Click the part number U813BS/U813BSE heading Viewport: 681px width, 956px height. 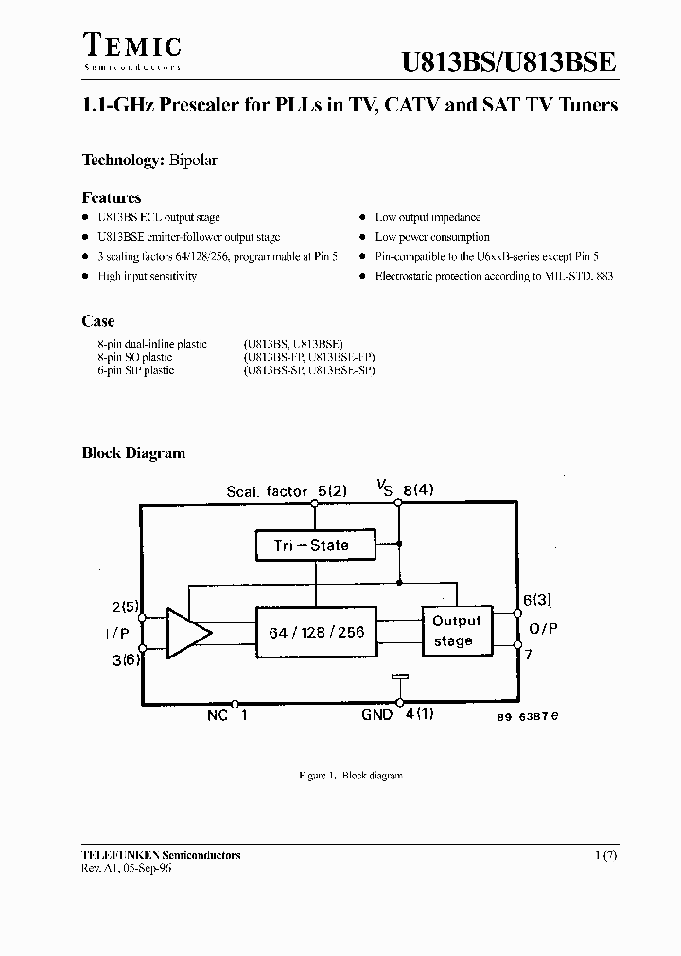click(x=510, y=62)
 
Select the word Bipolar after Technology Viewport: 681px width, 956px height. click(x=194, y=161)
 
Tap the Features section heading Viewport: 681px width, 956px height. click(x=112, y=198)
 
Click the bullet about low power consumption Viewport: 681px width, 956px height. click(x=431, y=237)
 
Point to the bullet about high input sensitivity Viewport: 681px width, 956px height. click(x=147, y=276)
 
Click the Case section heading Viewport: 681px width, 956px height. click(x=98, y=322)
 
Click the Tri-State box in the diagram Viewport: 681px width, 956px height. click(x=316, y=544)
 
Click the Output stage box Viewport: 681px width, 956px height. click(x=457, y=631)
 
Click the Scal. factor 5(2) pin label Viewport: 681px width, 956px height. click(x=287, y=491)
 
